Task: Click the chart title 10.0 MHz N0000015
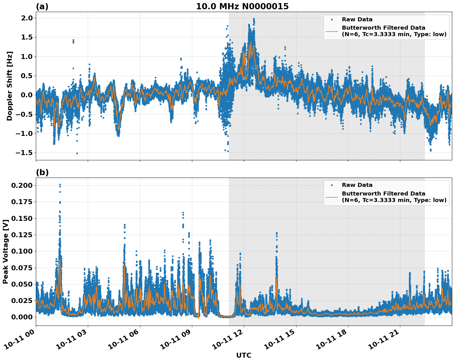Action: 242,6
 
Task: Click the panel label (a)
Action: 42,6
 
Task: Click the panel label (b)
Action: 42,172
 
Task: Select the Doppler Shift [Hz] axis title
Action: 10,86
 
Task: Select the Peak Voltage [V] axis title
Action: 6,251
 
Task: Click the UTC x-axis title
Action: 244,355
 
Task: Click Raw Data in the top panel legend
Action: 357,19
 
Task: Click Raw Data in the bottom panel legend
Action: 357,185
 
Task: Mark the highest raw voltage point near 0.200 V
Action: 60,185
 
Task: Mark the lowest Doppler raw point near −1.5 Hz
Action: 77,153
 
